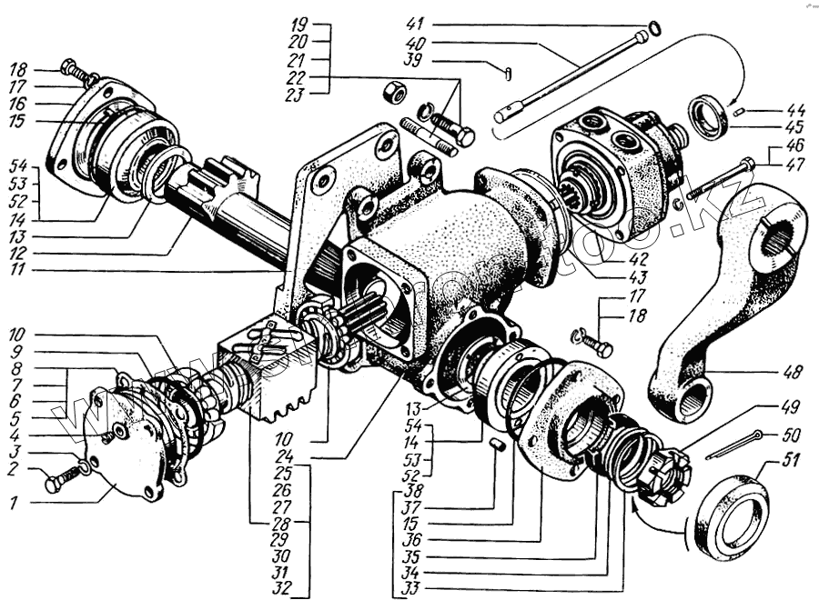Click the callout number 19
coord(301,25)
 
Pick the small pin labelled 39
coord(508,68)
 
